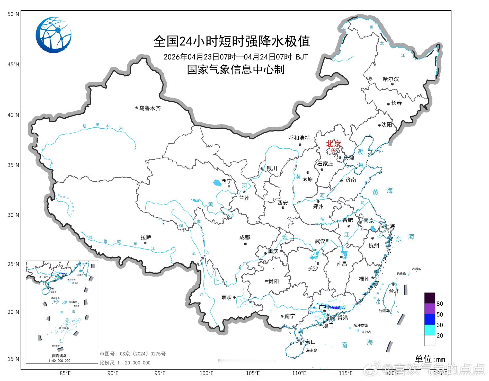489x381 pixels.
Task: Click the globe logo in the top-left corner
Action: pyautogui.click(x=54, y=35)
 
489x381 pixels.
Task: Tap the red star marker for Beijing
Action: pyautogui.click(x=333, y=150)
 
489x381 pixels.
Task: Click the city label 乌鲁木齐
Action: pyautogui.click(x=150, y=108)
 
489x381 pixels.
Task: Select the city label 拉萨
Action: pyautogui.click(x=146, y=237)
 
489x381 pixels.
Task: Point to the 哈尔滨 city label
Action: pyautogui.click(x=390, y=79)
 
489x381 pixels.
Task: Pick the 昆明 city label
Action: pyautogui.click(x=226, y=298)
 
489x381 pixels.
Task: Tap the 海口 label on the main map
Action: pyautogui.click(x=310, y=342)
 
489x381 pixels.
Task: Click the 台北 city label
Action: pyautogui.click(x=394, y=291)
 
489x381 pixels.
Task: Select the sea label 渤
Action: pyautogui.click(x=360, y=152)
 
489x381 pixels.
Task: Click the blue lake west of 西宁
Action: pyautogui.click(x=217, y=183)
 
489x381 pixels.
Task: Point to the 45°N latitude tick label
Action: pyautogui.click(x=13, y=64)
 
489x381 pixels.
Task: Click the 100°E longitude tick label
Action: pyautogui.click(x=207, y=373)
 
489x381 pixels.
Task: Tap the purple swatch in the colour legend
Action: pyautogui.click(x=430, y=308)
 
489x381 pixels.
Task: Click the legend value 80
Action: pyautogui.click(x=440, y=304)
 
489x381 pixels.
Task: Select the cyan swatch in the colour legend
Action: pyautogui.click(x=430, y=330)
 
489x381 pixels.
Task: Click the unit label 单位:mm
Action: pyautogui.click(x=430, y=359)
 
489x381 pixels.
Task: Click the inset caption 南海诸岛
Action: pyautogui.click(x=59, y=356)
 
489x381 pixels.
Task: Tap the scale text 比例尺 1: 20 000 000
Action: pyautogui.click(x=125, y=363)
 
